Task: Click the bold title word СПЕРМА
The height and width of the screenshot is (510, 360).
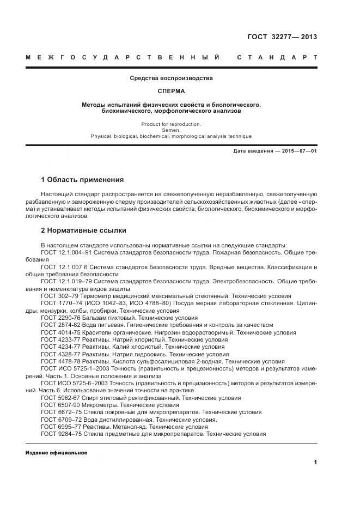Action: pos(171,91)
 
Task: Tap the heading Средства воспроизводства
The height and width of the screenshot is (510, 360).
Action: pos(171,78)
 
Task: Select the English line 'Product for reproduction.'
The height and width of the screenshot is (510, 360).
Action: pos(171,124)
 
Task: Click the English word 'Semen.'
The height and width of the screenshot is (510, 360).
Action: pos(171,130)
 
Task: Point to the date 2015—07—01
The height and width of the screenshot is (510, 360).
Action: pos(295,151)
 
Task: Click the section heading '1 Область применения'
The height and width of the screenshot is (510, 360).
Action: pos(82,179)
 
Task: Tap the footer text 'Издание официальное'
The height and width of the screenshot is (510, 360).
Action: pos(56,453)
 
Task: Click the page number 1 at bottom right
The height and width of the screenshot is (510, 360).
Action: pos(315,463)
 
